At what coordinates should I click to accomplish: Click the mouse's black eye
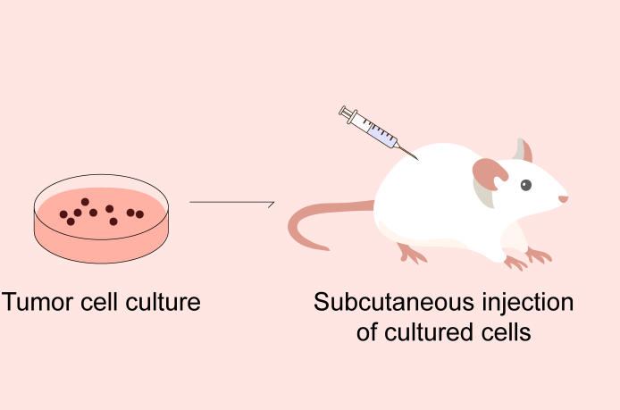[x=526, y=185]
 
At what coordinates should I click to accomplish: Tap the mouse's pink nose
[x=564, y=198]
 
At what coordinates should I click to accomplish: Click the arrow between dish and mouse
[x=231, y=203]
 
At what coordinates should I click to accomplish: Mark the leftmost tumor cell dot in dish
[x=63, y=214]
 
